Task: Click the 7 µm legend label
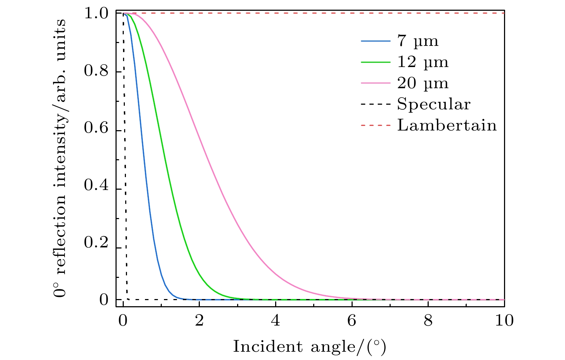tap(418, 41)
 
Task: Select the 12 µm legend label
tap(423, 62)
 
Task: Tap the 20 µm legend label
tap(423, 83)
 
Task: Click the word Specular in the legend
tap(433, 104)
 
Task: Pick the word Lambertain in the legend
tap(447, 125)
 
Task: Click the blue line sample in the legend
tap(375, 41)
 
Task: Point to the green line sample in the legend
tap(375, 62)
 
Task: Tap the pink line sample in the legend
tap(375, 83)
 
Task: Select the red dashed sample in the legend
tap(375, 125)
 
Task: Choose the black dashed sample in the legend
tap(375, 104)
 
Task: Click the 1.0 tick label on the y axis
tap(96, 14)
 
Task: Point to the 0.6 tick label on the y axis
tap(96, 128)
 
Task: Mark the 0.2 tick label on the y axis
tap(96, 243)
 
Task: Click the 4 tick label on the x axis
tap(276, 321)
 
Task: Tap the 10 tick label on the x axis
tap(504, 321)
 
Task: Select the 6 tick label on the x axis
tap(352, 321)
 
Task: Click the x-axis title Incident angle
tap(309, 347)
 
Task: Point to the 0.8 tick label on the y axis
tap(96, 71)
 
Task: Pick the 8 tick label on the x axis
tap(428, 321)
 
